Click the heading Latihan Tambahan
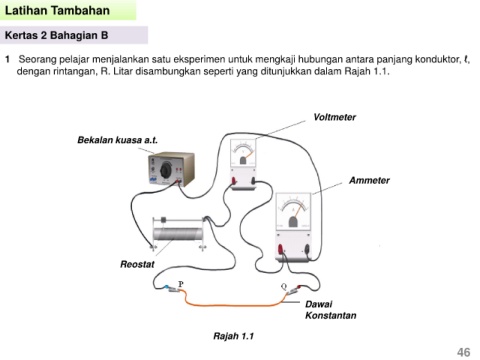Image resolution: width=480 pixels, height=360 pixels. point(57,10)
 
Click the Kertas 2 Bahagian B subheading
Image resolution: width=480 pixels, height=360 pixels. point(56,35)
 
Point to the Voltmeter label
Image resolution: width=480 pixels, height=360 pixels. point(334,117)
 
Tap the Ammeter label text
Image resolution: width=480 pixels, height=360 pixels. point(369,180)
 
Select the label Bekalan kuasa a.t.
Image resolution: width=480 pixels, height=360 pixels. point(117,140)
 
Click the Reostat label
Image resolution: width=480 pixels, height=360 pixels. point(137,264)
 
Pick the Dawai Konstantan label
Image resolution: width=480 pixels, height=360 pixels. point(331,310)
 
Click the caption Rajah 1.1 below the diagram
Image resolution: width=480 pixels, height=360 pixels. point(233,336)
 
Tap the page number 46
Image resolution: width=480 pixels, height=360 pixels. point(464,352)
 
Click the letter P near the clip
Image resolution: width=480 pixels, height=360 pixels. point(181,284)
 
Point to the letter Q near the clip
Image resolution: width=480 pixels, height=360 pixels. point(284,286)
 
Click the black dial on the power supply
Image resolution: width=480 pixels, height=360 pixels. point(166,171)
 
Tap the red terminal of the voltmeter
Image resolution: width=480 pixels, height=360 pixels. point(234,181)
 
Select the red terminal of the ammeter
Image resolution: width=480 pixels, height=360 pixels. point(281,249)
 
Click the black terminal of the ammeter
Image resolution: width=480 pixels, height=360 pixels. point(307,249)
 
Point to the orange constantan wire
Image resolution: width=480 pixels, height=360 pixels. point(233,305)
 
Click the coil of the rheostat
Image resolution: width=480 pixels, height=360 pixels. point(178,234)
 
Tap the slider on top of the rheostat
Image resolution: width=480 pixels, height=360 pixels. point(163,220)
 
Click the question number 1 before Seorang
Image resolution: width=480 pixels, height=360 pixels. point(7,60)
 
